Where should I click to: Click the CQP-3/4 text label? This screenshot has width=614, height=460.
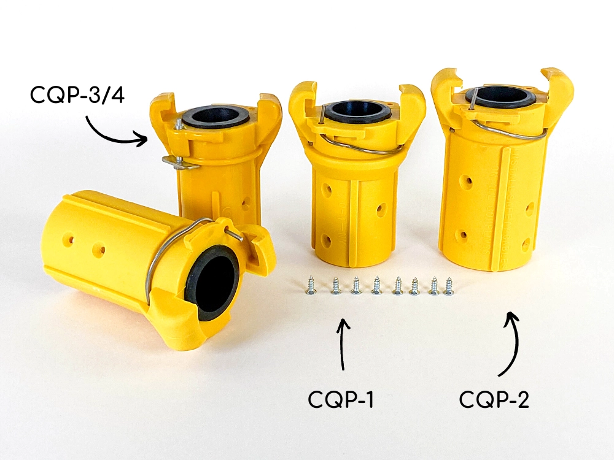point(77,94)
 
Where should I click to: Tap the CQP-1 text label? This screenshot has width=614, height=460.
point(341,399)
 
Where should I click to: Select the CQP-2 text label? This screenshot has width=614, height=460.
point(494,399)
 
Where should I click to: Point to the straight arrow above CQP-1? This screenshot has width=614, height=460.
point(343,344)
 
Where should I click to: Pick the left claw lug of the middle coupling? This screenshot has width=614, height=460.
point(301,105)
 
